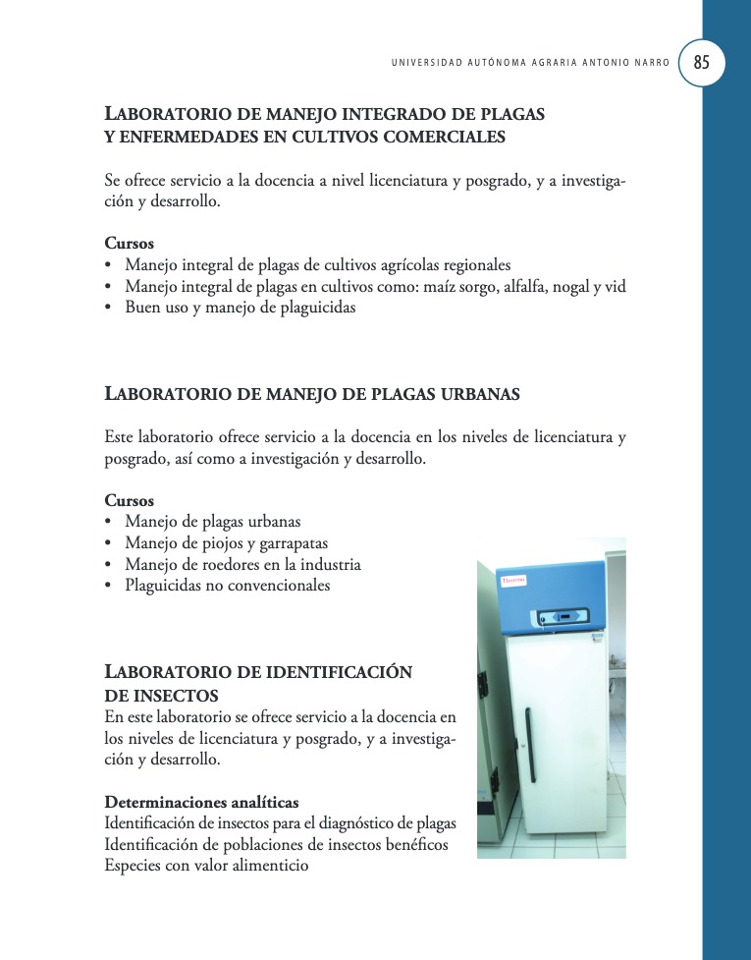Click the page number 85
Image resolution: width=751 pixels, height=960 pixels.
point(701,62)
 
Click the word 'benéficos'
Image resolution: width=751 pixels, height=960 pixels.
point(415,844)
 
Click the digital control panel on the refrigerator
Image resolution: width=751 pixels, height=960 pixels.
point(559,617)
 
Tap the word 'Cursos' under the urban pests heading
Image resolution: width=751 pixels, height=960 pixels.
point(129,500)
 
